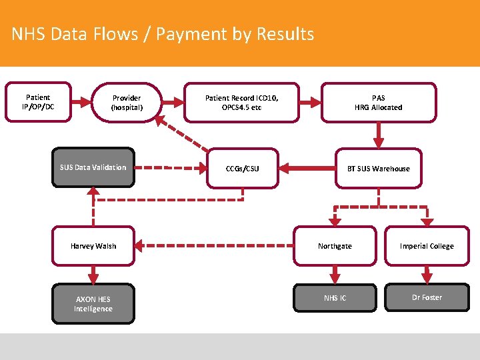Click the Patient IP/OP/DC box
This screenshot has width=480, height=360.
[37, 102]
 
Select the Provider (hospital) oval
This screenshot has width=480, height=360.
[127, 102]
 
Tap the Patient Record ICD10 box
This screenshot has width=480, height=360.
[242, 103]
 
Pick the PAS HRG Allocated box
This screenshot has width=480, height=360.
[379, 103]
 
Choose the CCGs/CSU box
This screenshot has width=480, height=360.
[242, 168]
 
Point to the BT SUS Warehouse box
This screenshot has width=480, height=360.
[379, 168]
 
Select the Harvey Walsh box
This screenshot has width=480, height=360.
[93, 246]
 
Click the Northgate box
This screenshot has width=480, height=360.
[335, 246]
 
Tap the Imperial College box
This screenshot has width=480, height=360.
[427, 246]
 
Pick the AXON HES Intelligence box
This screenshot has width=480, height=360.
[93, 304]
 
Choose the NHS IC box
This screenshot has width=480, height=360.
[335, 297]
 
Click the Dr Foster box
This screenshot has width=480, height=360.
[427, 297]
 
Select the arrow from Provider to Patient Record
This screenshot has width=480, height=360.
[173, 102]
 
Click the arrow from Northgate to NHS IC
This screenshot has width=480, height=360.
[335, 274]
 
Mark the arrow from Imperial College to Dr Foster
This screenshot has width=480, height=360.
[427, 274]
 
